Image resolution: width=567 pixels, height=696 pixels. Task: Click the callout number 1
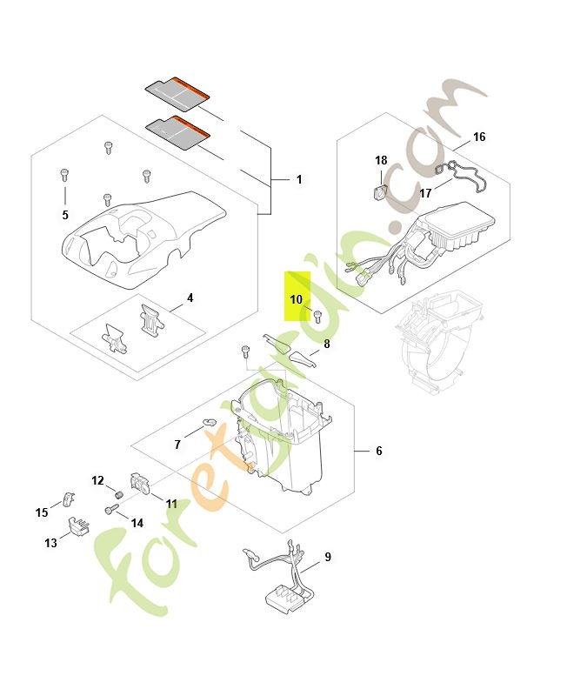coord(299,180)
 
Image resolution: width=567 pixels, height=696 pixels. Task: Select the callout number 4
coord(190,298)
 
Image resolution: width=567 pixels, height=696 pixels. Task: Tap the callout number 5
coord(64,214)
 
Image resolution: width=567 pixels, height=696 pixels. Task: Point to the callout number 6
coord(378,451)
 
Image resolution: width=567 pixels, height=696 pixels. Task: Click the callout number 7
coord(177,445)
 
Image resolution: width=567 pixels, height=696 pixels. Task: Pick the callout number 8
coord(326,345)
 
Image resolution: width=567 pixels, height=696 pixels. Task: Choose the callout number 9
coord(327,557)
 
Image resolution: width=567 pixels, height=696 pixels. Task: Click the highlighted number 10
coord(296,299)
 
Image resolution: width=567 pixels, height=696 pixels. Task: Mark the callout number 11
coord(171,504)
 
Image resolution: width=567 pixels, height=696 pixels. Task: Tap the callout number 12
coord(98,480)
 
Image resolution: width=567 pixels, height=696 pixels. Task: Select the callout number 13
coord(50,543)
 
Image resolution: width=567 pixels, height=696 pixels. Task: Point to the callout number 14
coord(137,522)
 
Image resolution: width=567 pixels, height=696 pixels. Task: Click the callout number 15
coord(42,512)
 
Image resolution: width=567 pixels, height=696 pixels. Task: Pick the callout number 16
coord(479,137)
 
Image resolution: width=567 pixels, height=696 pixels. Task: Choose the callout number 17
coord(426,192)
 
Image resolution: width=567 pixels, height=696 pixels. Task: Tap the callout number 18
coord(381,161)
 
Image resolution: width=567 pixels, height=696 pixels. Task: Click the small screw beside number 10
coord(317,314)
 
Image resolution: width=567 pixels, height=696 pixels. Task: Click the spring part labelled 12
coord(116,492)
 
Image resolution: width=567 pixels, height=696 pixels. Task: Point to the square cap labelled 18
coord(378,191)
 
